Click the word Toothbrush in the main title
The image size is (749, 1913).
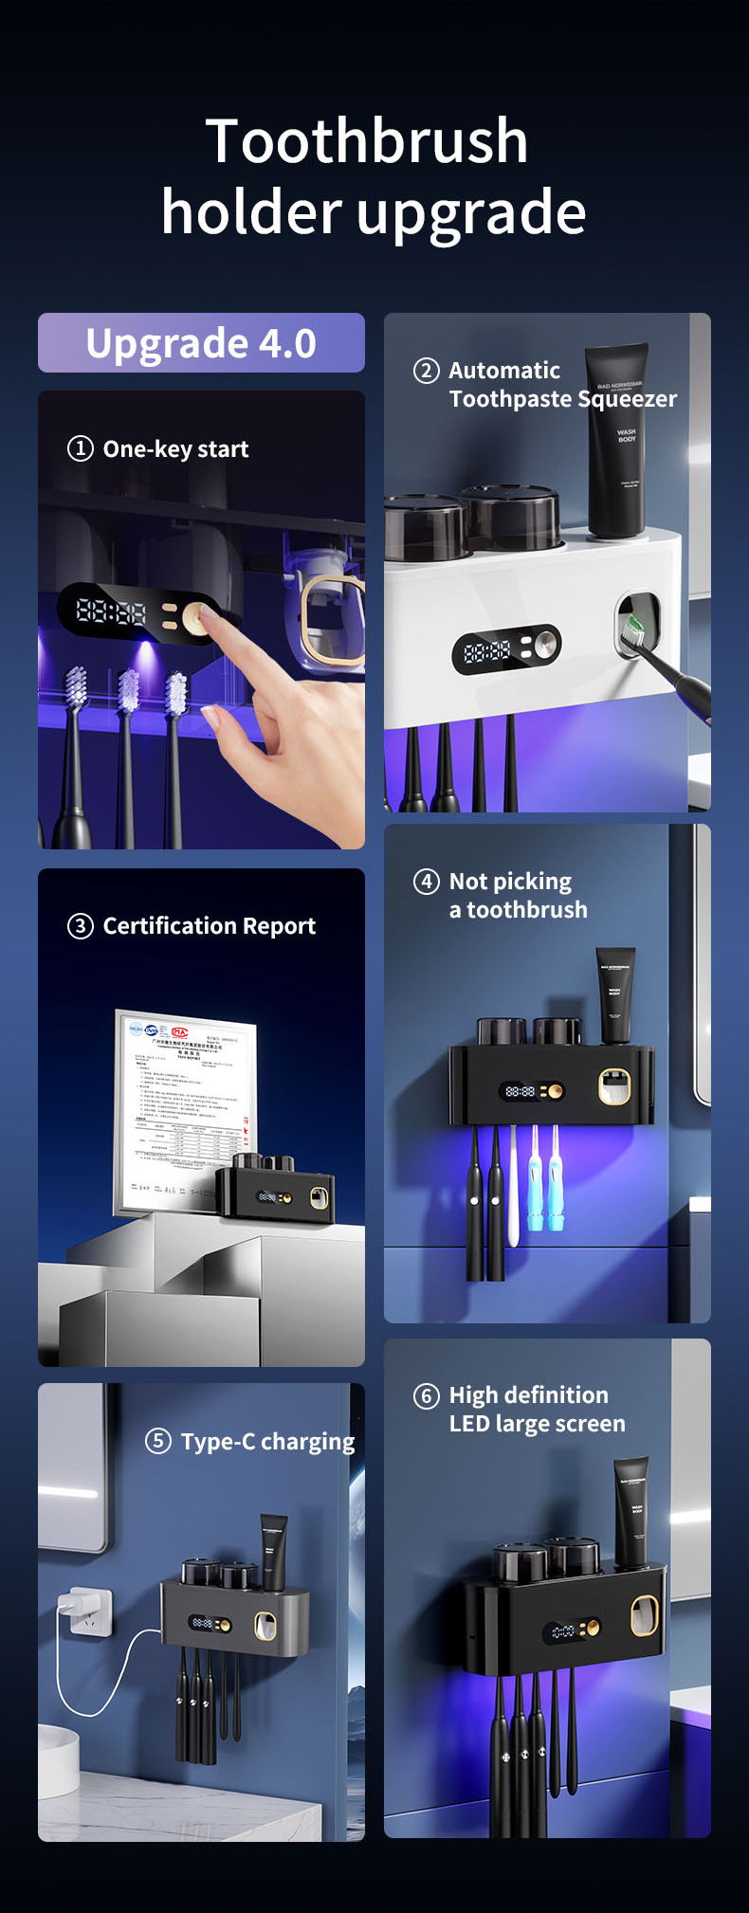point(366,141)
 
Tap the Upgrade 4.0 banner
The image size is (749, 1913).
point(201,343)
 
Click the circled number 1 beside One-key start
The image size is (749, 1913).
point(81,448)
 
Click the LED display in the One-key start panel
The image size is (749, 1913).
point(112,611)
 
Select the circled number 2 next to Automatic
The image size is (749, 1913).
point(427,371)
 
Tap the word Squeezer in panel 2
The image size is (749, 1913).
point(627,399)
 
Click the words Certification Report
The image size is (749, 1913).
point(209,926)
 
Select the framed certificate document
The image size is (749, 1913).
point(185,1109)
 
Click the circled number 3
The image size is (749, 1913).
point(81,926)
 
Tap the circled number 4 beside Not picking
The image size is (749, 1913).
point(427,882)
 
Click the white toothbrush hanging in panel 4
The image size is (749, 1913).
point(513,1185)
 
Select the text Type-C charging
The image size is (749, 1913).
point(267,1442)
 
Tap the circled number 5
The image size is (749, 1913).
point(158,1441)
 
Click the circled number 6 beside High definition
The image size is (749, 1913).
point(427,1395)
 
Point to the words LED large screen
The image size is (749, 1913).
point(537,1424)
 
